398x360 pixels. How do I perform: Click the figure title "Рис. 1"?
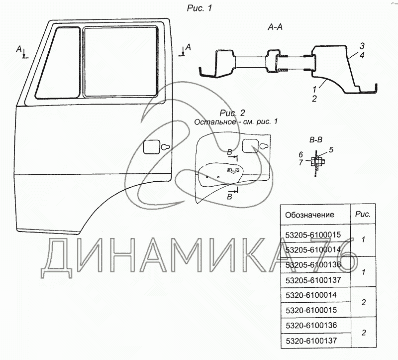click(199, 8)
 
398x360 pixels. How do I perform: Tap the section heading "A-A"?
click(275, 27)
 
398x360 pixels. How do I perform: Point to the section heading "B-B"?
click(316, 140)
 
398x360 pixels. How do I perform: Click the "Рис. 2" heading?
click(232, 113)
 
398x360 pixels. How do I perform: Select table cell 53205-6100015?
click(313, 235)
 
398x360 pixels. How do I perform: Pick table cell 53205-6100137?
click(313, 280)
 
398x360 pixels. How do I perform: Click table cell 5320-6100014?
click(311, 295)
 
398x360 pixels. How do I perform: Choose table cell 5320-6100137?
click(311, 341)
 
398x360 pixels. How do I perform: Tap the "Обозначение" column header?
click(309, 215)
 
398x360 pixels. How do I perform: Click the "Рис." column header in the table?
click(363, 214)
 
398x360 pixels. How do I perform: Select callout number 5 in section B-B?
click(331, 150)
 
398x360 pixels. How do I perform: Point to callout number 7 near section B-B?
click(301, 162)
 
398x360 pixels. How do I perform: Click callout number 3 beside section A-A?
click(362, 46)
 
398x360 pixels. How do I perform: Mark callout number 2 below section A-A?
click(314, 99)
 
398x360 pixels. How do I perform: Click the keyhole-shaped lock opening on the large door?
click(165, 147)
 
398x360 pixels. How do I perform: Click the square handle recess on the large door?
click(151, 147)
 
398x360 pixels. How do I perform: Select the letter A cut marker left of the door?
click(19, 49)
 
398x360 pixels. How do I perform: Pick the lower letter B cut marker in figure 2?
click(229, 196)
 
